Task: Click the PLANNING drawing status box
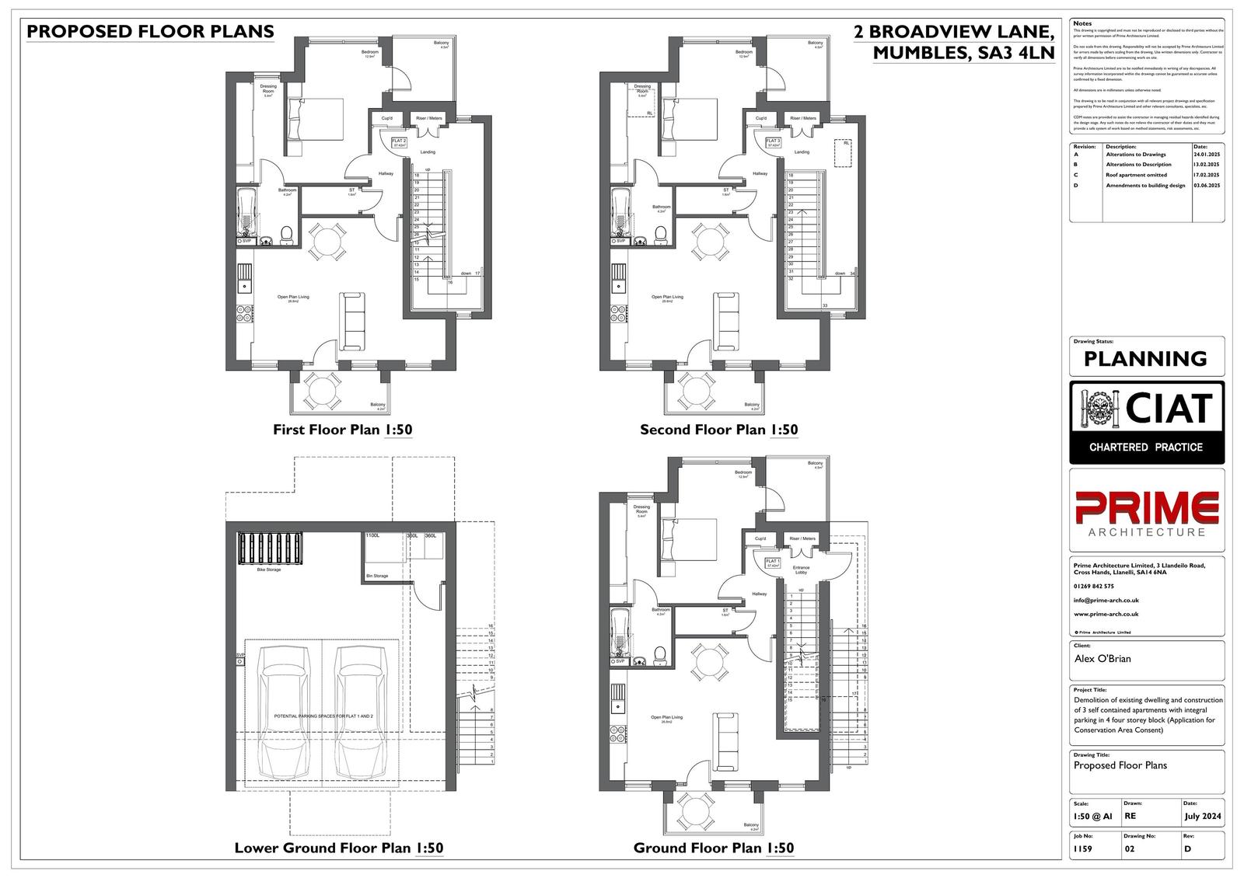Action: [x=1145, y=359]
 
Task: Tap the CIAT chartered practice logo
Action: [x=1147, y=422]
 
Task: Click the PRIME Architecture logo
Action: [x=1146, y=512]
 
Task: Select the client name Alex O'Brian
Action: [x=1102, y=659]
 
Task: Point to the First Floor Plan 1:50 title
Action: [x=342, y=430]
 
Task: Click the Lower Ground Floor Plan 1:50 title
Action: [x=339, y=848]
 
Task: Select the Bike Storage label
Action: [x=268, y=570]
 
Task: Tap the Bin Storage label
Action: [x=376, y=576]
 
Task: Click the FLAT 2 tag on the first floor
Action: [x=399, y=143]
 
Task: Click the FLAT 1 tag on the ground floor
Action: [x=772, y=563]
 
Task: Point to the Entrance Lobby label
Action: [x=800, y=570]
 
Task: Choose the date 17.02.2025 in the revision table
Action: [x=1207, y=176]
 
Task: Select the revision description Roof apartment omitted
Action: [x=1136, y=176]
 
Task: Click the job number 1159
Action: [x=1082, y=849]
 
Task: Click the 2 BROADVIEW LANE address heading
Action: [x=953, y=33]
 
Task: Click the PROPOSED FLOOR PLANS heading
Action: [x=150, y=31]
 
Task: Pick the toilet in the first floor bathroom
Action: [x=286, y=234]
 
